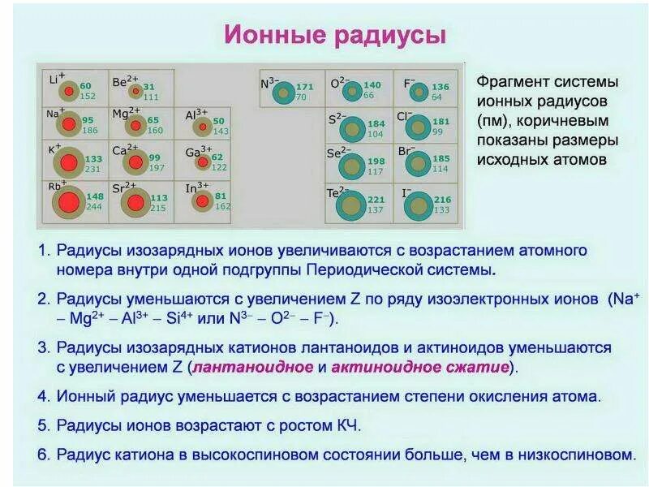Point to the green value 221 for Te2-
coord(376,200)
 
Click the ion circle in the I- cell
coord(418,205)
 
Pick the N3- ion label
coord(269,83)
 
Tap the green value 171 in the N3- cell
coord(304,87)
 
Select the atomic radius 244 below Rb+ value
coord(94,207)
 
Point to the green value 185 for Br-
coord(441,159)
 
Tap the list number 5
coord(43,425)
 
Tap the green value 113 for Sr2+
coord(159,198)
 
